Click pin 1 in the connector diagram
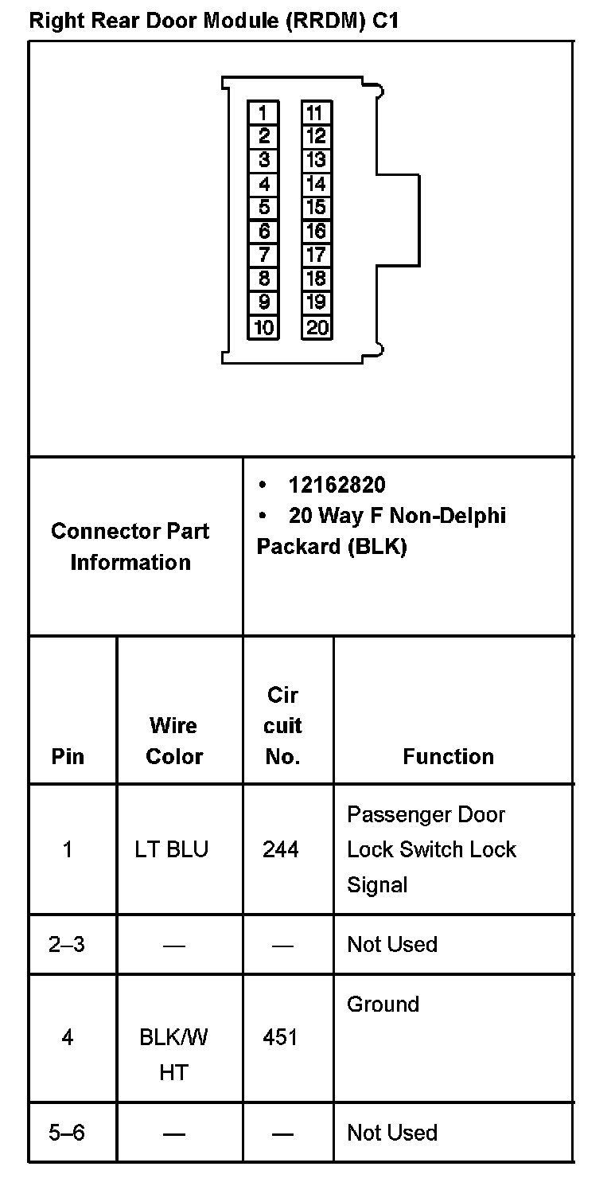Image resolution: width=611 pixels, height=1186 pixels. pos(263,113)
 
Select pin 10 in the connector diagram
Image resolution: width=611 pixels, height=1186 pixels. pos(263,327)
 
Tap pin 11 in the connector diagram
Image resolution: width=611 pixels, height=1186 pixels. pos(316,113)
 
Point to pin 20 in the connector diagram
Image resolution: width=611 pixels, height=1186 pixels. pos(316,327)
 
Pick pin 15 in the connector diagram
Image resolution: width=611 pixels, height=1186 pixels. pos(316,208)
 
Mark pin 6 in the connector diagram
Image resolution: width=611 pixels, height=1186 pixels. pos(263,232)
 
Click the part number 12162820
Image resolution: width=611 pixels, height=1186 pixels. pos(337,485)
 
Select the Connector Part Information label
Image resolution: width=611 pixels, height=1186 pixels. pos(130,546)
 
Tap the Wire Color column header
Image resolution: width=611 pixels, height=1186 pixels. pos(174,740)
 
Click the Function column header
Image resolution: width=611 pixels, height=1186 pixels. pos(448,756)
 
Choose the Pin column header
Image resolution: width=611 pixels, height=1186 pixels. pos(68,756)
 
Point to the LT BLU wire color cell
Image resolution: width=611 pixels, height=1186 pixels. pos(172,849)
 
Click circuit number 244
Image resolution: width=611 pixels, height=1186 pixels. pos(281,849)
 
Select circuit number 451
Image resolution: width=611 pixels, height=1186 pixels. pos(280,1037)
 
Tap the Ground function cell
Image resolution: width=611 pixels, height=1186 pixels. pos(383,1004)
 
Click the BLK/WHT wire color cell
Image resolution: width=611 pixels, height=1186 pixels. pos(173,1054)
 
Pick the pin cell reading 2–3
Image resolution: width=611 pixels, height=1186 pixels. pos(67,944)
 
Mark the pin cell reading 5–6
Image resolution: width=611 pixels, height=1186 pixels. pos(67,1132)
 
